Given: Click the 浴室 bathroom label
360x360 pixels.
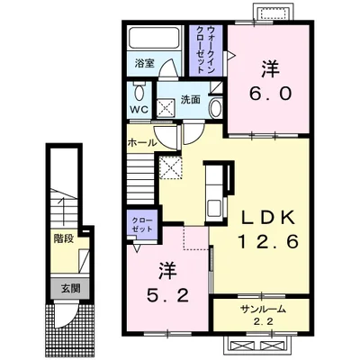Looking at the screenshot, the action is coord(144,63).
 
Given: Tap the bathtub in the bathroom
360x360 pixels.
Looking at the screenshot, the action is coord(154,39).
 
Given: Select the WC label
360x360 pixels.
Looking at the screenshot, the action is coord(139,110).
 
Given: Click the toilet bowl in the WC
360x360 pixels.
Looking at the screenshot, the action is coord(139,92).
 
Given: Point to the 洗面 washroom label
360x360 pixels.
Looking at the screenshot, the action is coord(190,99).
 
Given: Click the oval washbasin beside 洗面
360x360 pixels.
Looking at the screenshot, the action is coord(215,109).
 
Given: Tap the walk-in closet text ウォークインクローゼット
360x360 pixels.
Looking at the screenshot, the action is coord(206,50).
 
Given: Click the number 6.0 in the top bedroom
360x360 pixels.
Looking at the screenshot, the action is coord(270,94).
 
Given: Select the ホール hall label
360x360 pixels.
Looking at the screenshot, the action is coord(142,142).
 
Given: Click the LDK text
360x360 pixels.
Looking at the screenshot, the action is coord(268,218).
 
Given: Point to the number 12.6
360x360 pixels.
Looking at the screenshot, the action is coord(268,242).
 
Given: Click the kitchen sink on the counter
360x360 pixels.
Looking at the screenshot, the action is coord(213,208).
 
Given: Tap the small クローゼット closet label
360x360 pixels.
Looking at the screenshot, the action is coord(142,225).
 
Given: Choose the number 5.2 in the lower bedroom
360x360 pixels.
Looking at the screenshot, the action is coord(167,295).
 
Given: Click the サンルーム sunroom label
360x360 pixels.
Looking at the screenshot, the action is coord(262,310).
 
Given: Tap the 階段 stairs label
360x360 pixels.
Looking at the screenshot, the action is coord(64,238).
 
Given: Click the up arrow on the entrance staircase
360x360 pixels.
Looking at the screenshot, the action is coord(63,211).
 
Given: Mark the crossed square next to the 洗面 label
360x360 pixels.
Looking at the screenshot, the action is coord(166,107).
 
